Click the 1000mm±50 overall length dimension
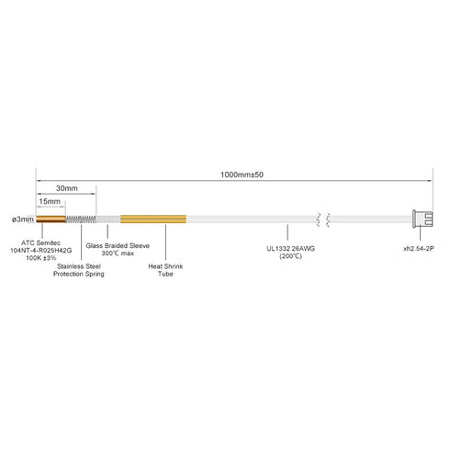pyautogui.click(x=242, y=174)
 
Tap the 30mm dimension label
pyautogui.click(x=67, y=188)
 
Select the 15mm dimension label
pyautogui.click(x=50, y=201)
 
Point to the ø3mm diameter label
pyautogui.click(x=23, y=219)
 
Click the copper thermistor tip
pyautogui.click(x=51, y=219)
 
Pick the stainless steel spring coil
pyautogui.click(x=81, y=219)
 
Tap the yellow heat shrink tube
pyautogui.click(x=153, y=219)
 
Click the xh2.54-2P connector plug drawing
pyautogui.click(x=422, y=219)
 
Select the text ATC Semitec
pyautogui.click(x=40, y=243)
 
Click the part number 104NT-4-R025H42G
pyautogui.click(x=41, y=251)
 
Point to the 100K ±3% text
pyautogui.click(x=41, y=258)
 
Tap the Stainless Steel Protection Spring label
pyautogui.click(x=79, y=270)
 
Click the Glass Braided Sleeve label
pyautogui.click(x=118, y=245)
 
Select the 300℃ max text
pyautogui.click(x=118, y=253)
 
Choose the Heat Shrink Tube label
pyautogui.click(x=165, y=270)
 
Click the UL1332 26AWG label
pyautogui.click(x=290, y=248)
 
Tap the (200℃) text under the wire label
pyautogui.click(x=290, y=256)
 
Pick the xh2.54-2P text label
pyautogui.click(x=419, y=248)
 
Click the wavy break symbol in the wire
pyautogui.click(x=323, y=219)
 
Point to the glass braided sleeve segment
pyautogui.click(x=108, y=219)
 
